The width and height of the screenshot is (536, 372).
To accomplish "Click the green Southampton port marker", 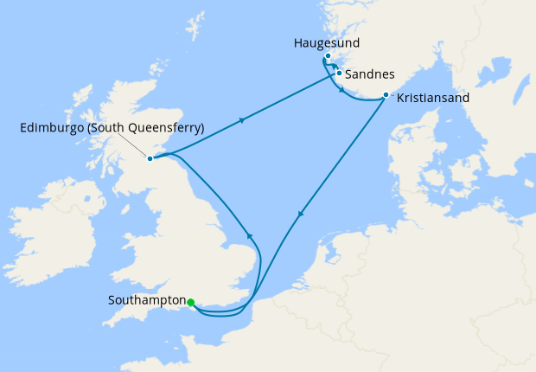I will coord(190,302).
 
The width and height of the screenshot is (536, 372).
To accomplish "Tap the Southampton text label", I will coord(147,301).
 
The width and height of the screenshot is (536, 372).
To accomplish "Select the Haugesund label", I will coord(327,42).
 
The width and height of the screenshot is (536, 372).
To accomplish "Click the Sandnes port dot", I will coord(339,74).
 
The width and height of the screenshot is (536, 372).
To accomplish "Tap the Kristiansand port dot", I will coord(385,95).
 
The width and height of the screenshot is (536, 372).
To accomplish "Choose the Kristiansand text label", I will coord(433,99).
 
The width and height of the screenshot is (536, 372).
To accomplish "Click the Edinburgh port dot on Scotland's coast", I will coord(150,158).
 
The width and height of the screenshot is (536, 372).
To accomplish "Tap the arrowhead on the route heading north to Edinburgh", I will coord(249,234).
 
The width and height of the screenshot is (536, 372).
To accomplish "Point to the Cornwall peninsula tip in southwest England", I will coord(108,322).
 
